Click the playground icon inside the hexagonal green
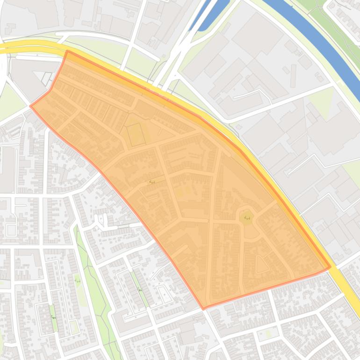point(247,217)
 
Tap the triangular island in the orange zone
point(261,265)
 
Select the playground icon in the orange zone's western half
point(151,181)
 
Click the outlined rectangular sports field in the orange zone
point(136,134)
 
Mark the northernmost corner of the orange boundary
point(67,51)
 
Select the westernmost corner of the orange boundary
point(31,106)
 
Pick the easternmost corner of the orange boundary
point(330,267)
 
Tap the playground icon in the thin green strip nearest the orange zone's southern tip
point(140,290)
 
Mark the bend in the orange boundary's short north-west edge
point(50,90)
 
